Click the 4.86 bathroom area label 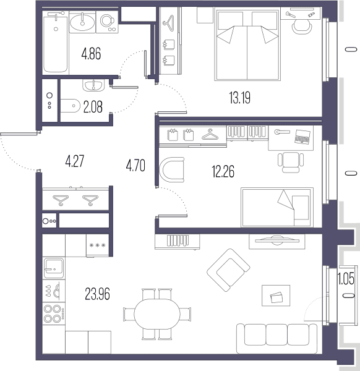(91, 53)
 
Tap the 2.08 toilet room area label (93, 107)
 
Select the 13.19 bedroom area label (240, 98)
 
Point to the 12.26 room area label (223, 171)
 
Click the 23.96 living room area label (97, 294)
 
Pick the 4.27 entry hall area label (75, 161)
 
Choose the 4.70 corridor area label (135, 165)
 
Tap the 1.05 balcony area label (346, 278)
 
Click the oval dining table (157, 314)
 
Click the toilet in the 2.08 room (71, 106)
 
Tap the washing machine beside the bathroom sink (107, 22)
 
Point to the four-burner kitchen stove (54, 313)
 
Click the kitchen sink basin (54, 268)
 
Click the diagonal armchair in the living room (228, 270)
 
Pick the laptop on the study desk (302, 137)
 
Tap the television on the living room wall (277, 241)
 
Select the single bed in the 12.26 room (277, 207)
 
